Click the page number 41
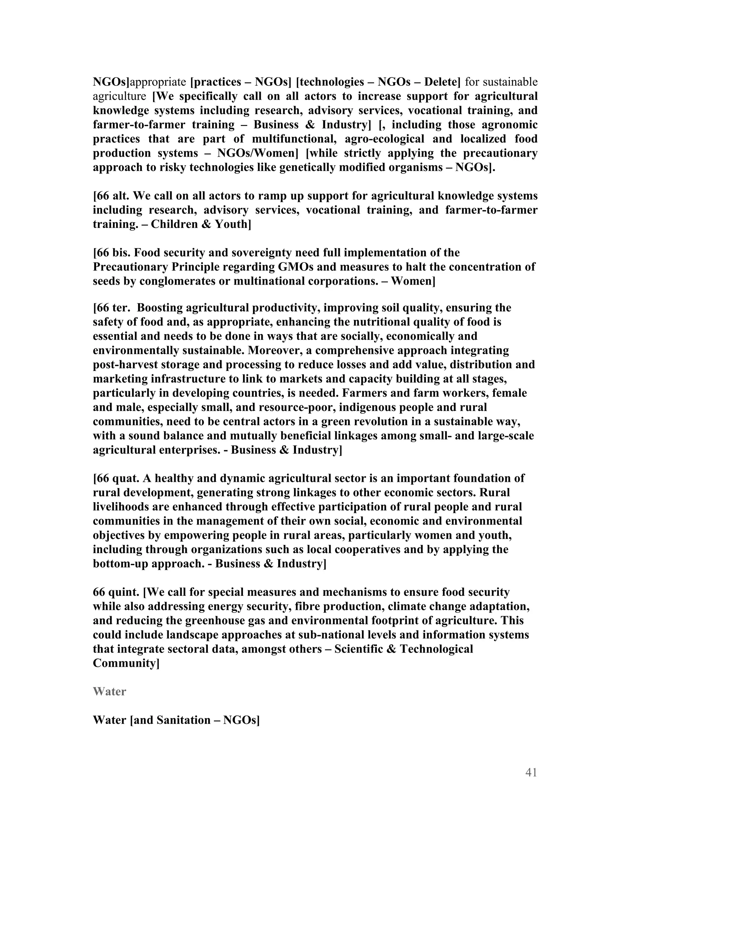(x=531, y=773)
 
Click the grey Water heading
(x=109, y=692)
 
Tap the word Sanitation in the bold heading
(x=184, y=720)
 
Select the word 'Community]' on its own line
(x=126, y=663)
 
